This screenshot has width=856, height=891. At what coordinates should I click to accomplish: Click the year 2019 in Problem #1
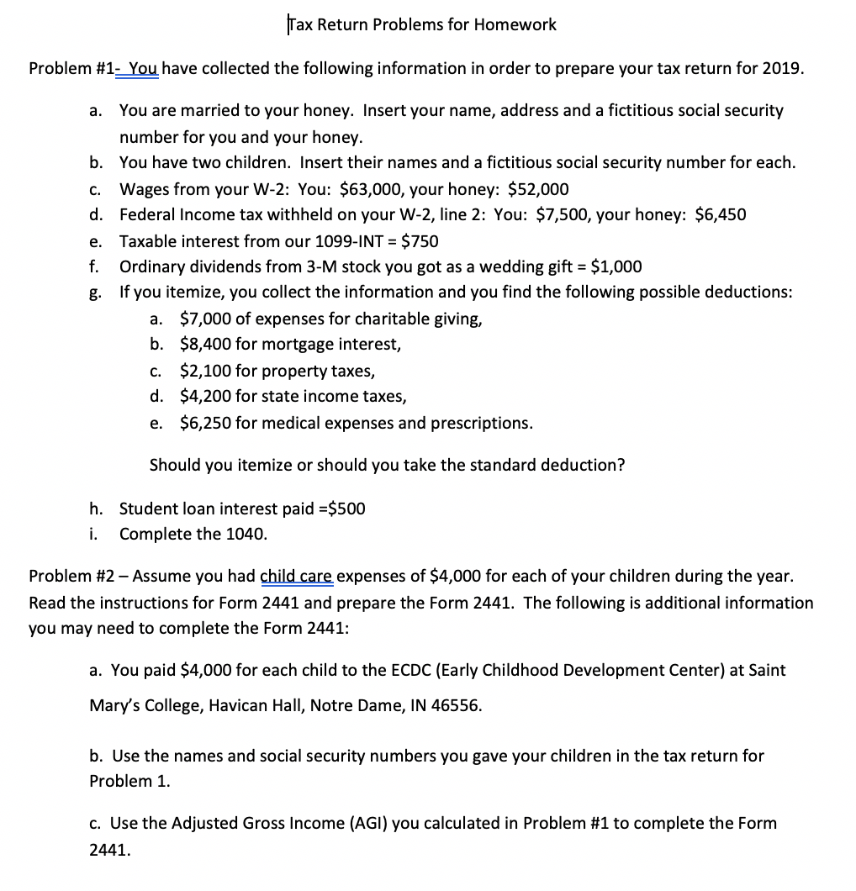pyautogui.click(x=782, y=69)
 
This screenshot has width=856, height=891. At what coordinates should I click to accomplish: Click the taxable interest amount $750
pyautogui.click(x=420, y=241)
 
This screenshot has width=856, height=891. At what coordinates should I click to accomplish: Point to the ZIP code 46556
pyautogui.click(x=459, y=706)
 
